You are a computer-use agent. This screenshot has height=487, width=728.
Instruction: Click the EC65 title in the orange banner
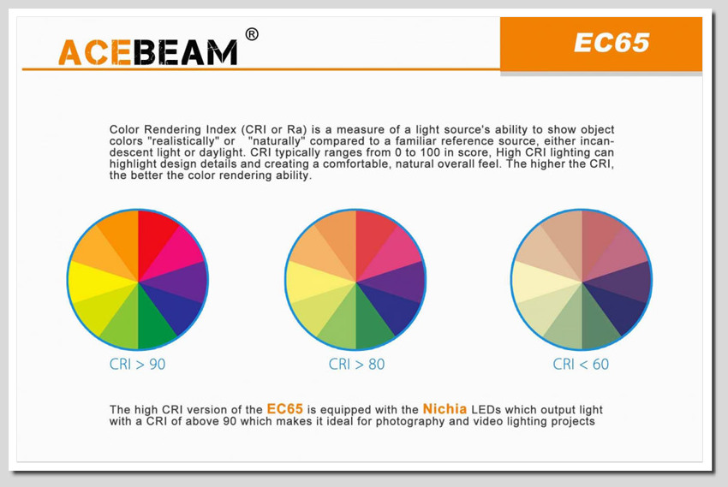pos(612,43)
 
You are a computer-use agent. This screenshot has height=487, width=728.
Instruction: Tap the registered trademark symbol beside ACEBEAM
pos(252,34)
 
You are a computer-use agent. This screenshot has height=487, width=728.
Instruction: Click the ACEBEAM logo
pos(147,52)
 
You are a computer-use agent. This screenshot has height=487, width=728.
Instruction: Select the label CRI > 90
pos(137,364)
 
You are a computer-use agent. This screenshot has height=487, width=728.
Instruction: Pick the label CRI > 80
pos(356,364)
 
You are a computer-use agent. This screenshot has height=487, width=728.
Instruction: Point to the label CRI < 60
pos(581,364)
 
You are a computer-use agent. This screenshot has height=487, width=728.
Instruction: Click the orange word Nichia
pos(445,408)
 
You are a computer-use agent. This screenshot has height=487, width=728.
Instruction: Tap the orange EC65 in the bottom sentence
pos(284,408)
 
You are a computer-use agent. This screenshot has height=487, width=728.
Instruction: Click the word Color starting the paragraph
pos(122,129)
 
